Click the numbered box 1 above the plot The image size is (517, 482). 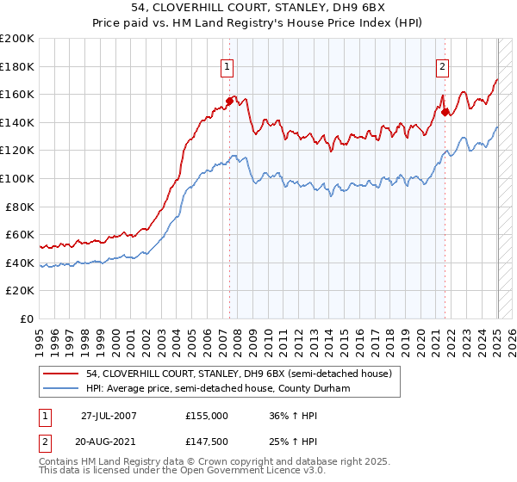[x=227, y=66]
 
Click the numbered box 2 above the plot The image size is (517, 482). [x=442, y=66]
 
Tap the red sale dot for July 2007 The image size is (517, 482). [x=230, y=101]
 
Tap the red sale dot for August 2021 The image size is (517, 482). [x=445, y=111]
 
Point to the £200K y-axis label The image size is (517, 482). [x=17, y=39]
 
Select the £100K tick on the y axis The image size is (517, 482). [x=17, y=178]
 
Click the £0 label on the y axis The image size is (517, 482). [x=28, y=318]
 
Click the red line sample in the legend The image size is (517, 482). [x=61, y=374]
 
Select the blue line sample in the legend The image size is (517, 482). [x=61, y=388]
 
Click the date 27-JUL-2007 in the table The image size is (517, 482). [x=109, y=414]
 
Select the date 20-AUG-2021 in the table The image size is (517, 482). [x=109, y=441]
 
